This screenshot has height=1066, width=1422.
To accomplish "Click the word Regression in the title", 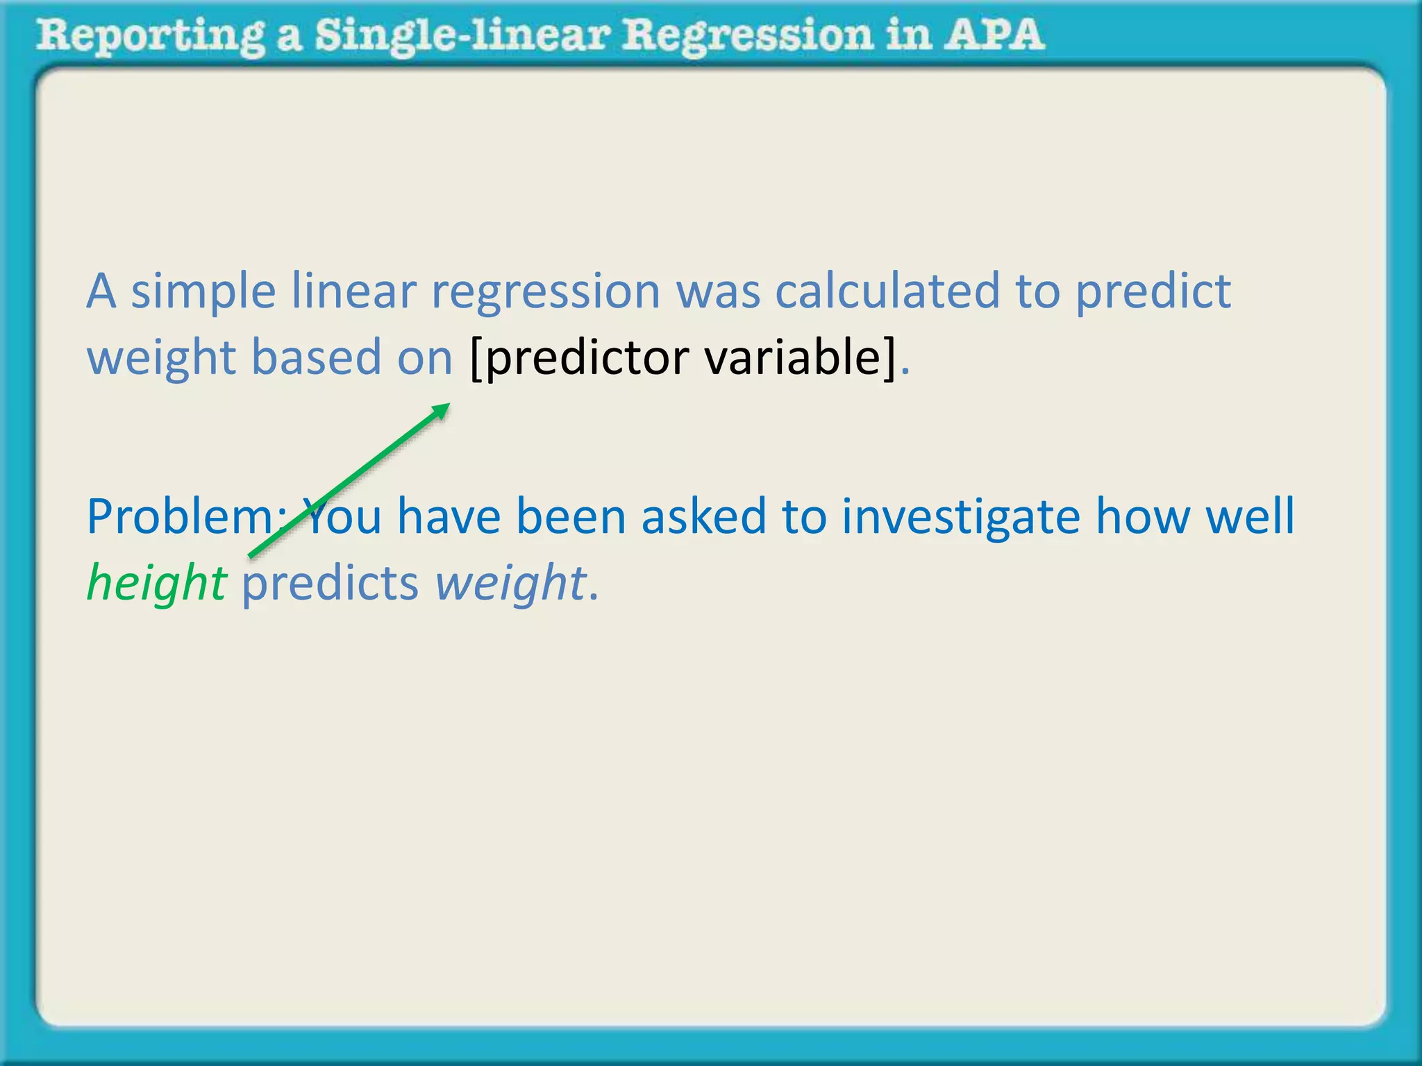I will point(747,35).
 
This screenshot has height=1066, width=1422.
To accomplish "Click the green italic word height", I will point(156,583).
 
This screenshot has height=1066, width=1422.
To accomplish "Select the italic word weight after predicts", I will point(510,583).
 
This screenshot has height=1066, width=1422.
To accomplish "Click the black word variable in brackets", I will point(798,357).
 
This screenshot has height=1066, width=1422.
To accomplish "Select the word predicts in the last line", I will point(330,583).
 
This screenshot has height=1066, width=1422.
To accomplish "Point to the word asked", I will point(703,517).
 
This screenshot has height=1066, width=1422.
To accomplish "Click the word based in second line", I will point(316,357).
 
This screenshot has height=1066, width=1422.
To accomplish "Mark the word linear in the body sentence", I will point(353,291).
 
